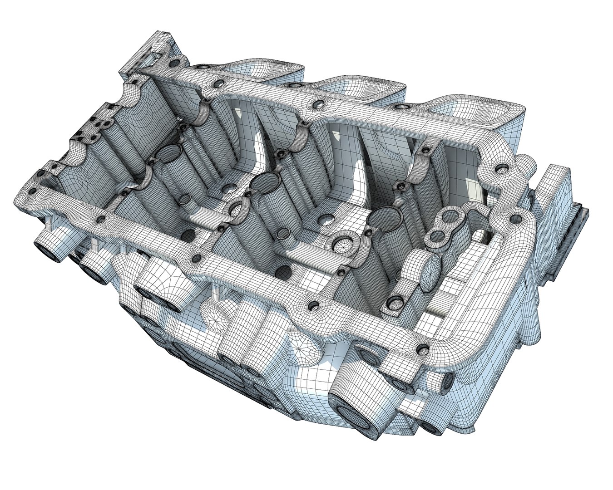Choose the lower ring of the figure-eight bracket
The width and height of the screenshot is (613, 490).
437,237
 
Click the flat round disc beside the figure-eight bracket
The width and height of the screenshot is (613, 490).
430,272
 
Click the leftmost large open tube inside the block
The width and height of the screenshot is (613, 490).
170,157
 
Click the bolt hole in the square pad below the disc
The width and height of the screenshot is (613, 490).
395,303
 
